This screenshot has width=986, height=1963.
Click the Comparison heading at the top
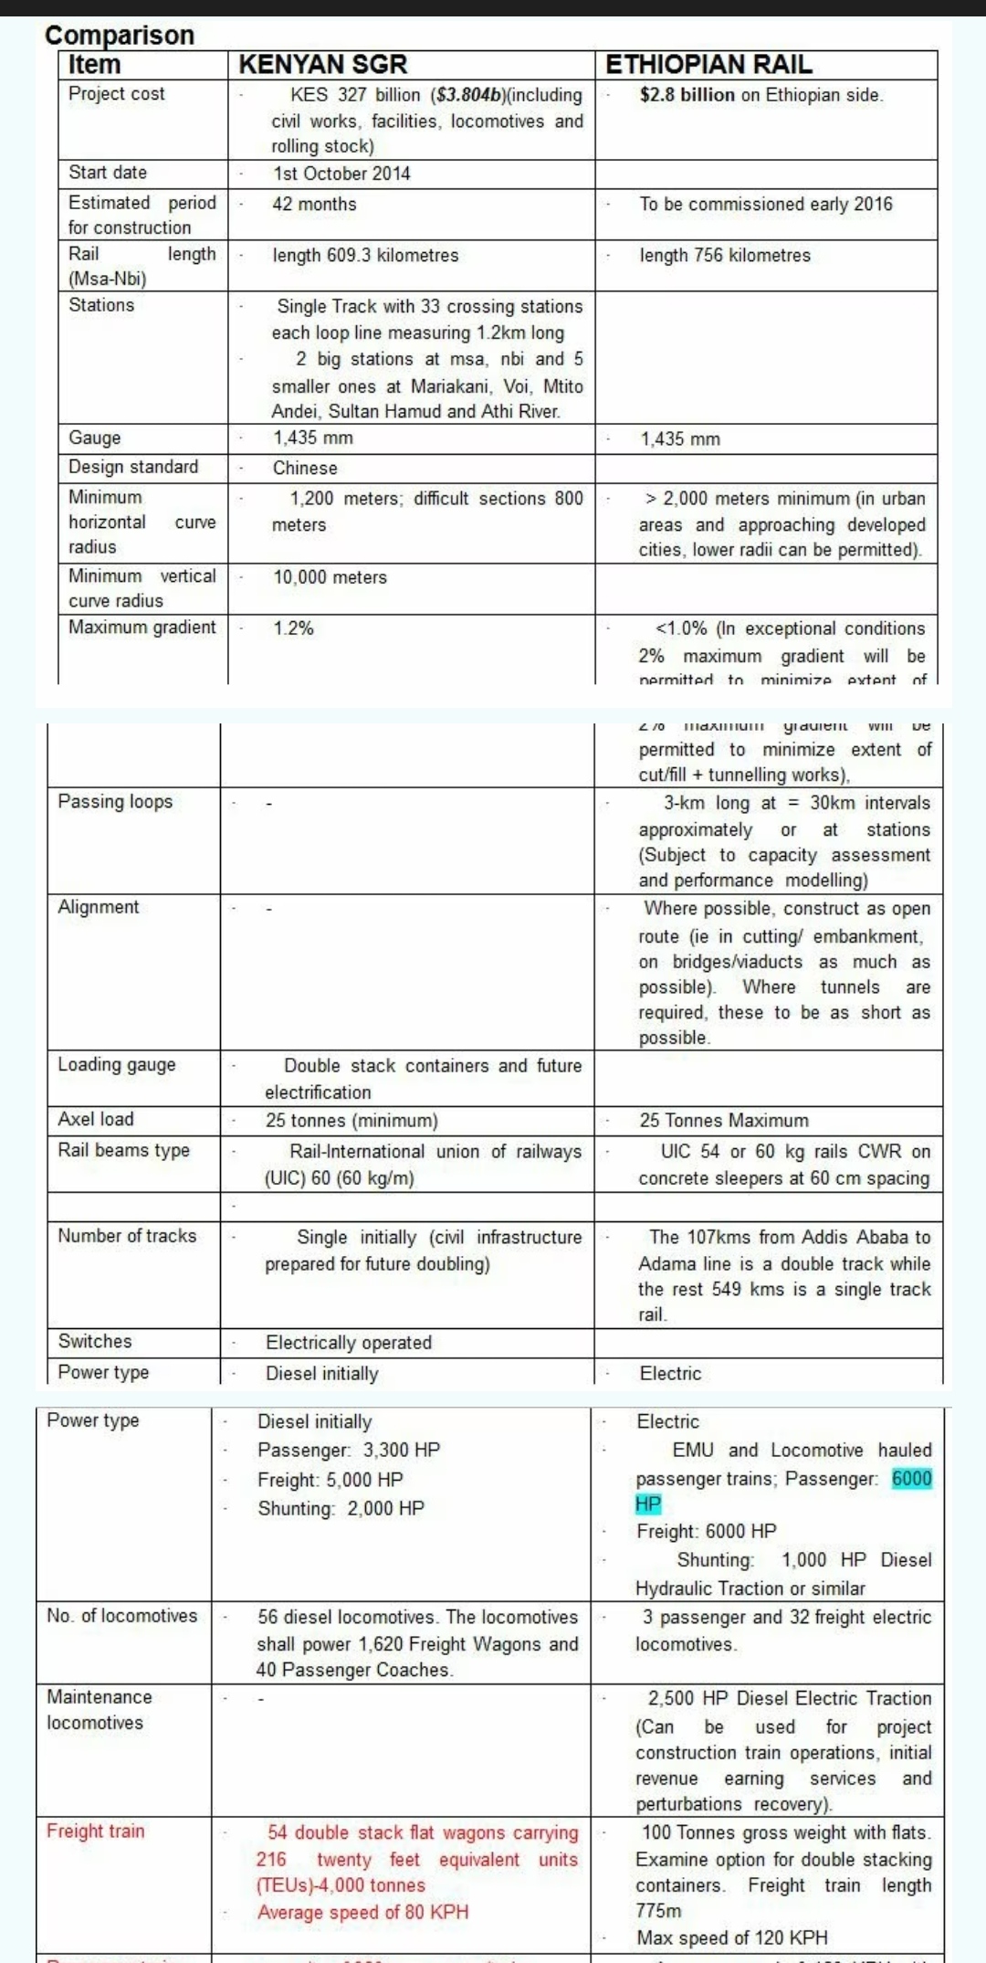pos(120,35)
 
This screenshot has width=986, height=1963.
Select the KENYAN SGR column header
pos(322,64)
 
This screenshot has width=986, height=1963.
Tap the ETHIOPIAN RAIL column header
pos(708,64)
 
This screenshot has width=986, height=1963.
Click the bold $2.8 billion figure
pos(687,95)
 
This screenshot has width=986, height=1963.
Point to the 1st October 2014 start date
pos(341,174)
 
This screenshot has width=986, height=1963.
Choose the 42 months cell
pos(314,204)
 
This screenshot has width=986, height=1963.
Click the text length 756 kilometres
pos(724,255)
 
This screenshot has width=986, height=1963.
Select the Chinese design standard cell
pos(305,468)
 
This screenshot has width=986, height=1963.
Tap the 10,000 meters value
pos(330,577)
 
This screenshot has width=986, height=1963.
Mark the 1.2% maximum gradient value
pos(293,628)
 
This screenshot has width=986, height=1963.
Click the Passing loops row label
pos(115,801)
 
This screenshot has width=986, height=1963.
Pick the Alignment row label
pos(99,906)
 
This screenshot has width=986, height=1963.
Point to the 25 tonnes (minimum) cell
pos(351,1120)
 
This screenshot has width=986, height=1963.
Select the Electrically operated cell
pos(348,1342)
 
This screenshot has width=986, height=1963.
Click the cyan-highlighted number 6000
pos(911,1478)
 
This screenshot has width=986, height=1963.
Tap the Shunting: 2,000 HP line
pos(341,1508)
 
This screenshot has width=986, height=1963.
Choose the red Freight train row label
pos(95,1831)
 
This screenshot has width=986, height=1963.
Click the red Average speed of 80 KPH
pos(362,1912)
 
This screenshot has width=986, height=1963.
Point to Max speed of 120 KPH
pos(732,1937)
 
